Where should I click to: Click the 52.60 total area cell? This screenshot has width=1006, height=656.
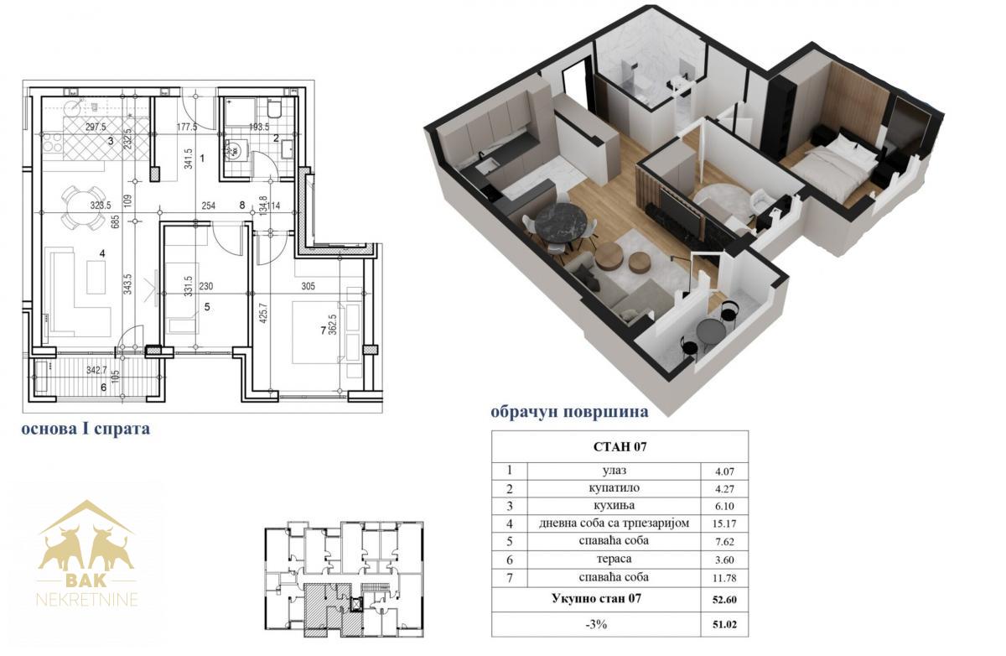coord(724,600)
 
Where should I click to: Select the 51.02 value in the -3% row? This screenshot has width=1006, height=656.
coord(724,625)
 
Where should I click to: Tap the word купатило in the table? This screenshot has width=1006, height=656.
coord(614,488)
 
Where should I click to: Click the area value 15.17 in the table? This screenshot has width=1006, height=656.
coord(724,524)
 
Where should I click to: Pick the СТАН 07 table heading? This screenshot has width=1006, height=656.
coord(620,447)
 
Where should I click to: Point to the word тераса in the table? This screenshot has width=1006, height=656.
coord(614,559)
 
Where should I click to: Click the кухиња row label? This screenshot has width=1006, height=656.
coord(614,506)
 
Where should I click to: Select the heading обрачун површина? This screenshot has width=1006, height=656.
coord(569,413)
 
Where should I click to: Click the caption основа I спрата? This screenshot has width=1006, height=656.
coord(86,429)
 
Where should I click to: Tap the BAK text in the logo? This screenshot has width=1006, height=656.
coord(86,580)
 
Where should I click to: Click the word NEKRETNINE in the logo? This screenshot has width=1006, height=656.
coord(86,600)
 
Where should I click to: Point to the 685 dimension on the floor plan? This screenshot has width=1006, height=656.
coord(116,221)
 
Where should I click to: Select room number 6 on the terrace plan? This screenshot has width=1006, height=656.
coord(104,388)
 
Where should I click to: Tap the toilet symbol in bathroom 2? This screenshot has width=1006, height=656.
coord(273,109)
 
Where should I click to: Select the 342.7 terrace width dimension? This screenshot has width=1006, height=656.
coord(97,370)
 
